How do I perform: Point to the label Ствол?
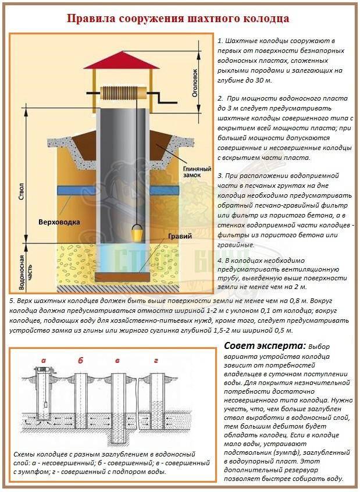click(x=22, y=192)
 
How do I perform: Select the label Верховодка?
click(x=59, y=222)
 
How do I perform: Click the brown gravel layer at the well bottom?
click(x=122, y=277)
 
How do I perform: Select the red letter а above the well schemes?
click(x=43, y=361)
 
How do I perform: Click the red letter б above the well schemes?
click(x=81, y=360)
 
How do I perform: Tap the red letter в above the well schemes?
click(x=117, y=361)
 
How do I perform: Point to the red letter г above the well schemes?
click(x=156, y=361)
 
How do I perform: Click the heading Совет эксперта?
click(x=265, y=346)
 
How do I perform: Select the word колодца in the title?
click(x=266, y=19)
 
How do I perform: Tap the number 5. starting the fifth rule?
click(x=12, y=301)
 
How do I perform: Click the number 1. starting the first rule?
click(x=220, y=41)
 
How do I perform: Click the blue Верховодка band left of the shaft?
click(x=76, y=190)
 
